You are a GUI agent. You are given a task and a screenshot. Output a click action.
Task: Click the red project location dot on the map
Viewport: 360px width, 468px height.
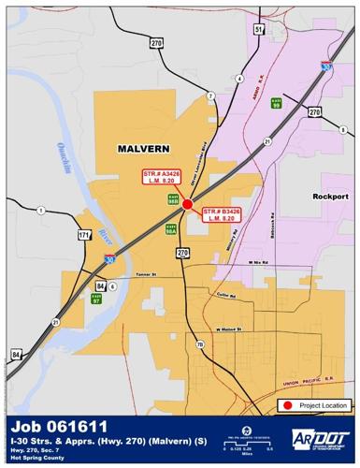click(187, 203)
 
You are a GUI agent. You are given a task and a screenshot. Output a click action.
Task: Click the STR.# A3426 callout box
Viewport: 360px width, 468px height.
click(161, 178)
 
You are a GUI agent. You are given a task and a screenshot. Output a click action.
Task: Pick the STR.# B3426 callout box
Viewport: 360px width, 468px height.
click(222, 214)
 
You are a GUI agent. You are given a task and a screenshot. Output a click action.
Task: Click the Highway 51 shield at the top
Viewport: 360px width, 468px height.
click(258, 30)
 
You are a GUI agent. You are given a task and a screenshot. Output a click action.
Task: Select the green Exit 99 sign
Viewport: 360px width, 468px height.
click(276, 103)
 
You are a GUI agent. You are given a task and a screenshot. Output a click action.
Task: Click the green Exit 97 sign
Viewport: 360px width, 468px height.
click(96, 300)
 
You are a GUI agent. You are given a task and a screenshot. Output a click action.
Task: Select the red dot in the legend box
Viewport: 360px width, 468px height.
click(288, 405)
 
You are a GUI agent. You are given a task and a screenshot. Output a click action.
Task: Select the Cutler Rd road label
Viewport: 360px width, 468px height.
click(225, 295)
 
